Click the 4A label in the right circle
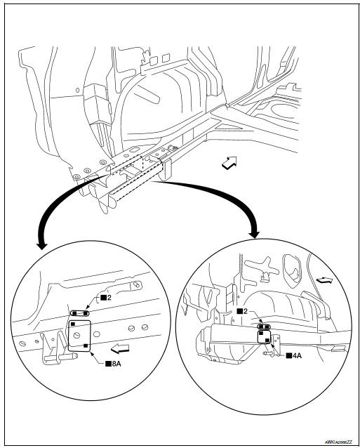(298, 356)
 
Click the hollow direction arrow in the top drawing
(229, 164)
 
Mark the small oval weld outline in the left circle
(79, 313)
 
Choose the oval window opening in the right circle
(287, 266)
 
